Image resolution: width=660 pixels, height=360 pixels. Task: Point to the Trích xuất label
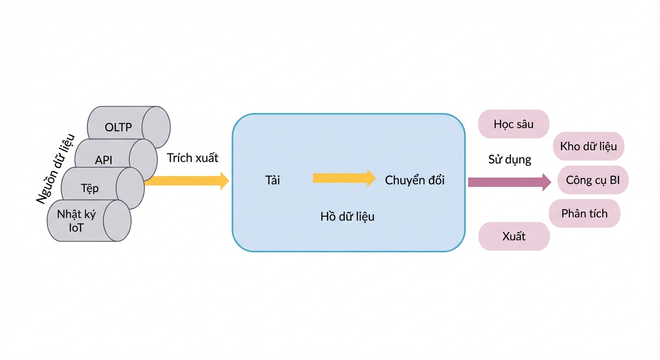[x=192, y=158]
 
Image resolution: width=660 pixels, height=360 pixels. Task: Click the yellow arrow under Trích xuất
[x=187, y=181]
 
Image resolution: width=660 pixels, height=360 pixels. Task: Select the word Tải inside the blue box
[x=272, y=180]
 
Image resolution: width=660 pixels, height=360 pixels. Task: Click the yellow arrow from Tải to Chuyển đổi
[x=344, y=178]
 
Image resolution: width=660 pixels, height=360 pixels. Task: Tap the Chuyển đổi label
[x=414, y=180]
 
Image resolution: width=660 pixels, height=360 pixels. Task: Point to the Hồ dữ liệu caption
[x=347, y=217]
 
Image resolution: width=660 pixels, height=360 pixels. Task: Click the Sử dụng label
[x=510, y=159]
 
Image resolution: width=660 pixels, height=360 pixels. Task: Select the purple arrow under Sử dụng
[x=510, y=182]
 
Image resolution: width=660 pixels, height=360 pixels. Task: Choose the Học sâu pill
[x=514, y=124]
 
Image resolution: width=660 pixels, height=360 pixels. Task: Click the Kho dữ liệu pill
[x=588, y=146]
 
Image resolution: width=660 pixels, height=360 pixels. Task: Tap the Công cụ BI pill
[x=593, y=180]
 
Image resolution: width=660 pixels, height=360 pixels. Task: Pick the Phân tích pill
[x=584, y=213]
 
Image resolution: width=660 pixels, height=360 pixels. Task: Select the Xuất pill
[x=514, y=236]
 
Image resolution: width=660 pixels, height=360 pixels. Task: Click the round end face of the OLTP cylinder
[x=156, y=127]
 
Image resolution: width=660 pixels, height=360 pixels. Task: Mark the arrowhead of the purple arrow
[x=547, y=182]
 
